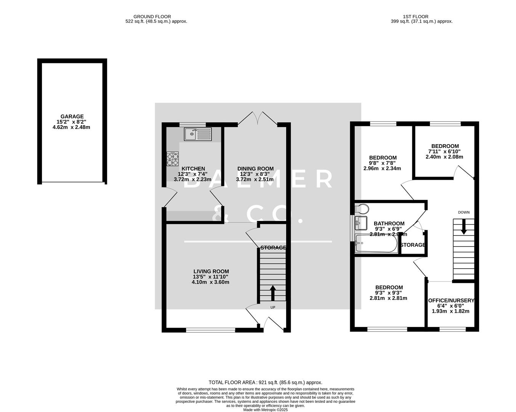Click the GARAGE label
click(x=72, y=117)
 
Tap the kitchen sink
click(x=197, y=134)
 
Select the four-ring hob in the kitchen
click(x=173, y=159)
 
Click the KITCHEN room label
click(x=193, y=169)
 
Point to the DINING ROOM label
click(x=255, y=169)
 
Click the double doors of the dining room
click(x=258, y=117)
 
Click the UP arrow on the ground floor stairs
click(x=273, y=293)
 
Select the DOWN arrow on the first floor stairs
click(x=464, y=227)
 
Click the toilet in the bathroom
click(x=361, y=209)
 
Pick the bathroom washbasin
click(x=360, y=222)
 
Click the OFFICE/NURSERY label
click(x=451, y=300)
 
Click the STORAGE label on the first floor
click(x=413, y=245)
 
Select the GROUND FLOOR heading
click(x=152, y=16)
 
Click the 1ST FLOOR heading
click(x=415, y=16)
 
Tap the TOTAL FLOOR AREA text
click(x=265, y=382)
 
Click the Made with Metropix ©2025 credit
click(x=265, y=410)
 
